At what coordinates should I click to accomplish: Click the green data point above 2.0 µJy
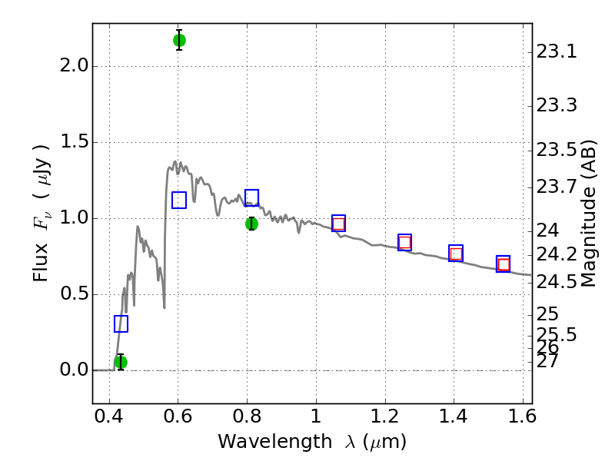179,40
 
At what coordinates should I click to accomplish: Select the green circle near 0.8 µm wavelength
252,224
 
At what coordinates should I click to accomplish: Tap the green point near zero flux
121,362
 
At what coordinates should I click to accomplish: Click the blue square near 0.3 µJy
121,323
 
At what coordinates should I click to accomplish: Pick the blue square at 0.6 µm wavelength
179,200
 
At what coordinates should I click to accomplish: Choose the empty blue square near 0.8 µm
252,197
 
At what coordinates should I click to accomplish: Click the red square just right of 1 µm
338,224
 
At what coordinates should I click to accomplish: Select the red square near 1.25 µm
404,243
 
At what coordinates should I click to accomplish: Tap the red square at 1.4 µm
456,254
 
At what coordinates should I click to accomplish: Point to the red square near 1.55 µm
504,264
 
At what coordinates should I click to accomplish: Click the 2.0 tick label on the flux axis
74,65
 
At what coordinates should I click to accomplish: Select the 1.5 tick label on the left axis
75,141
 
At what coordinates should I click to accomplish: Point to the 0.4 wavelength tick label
109,416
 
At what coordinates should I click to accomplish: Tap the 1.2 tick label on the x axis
385,416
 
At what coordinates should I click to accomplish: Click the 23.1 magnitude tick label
557,51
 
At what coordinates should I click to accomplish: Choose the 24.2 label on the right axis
557,255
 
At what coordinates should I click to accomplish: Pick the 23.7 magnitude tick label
557,187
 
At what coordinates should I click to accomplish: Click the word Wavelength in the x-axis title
275,442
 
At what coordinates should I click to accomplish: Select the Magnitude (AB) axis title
587,214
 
